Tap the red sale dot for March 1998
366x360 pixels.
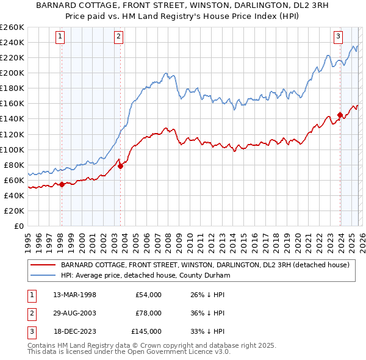pyautogui.click(x=62, y=184)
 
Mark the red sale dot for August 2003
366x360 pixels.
pyautogui.click(x=121, y=166)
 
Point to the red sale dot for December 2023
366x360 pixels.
pyautogui.click(x=340, y=115)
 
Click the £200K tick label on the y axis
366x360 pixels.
pyautogui.click(x=12, y=73)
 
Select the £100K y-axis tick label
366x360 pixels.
pyautogui.click(x=12, y=149)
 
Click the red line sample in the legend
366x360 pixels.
pyautogui.click(x=43, y=265)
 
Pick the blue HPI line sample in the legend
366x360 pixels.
pyautogui.click(x=43, y=275)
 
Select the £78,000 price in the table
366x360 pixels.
pyautogui.click(x=149, y=313)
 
